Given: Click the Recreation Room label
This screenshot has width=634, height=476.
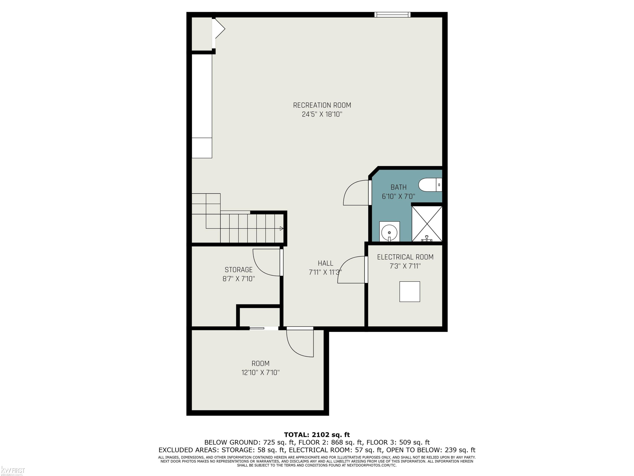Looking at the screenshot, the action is click(x=322, y=105).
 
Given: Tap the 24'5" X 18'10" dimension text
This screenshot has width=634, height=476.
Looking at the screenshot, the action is click(x=322, y=114).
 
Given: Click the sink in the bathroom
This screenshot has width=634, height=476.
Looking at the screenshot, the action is click(x=389, y=231).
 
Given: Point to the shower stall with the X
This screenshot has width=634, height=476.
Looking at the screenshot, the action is click(x=427, y=224).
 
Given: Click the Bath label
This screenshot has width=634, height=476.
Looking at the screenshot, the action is click(x=398, y=187).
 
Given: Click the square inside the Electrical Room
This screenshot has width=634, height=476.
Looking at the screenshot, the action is click(x=410, y=292).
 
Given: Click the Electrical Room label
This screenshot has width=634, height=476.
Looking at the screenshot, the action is click(x=405, y=257).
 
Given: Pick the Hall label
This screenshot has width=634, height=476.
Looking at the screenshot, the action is click(x=325, y=263).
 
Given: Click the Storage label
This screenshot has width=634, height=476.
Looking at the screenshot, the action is click(x=238, y=270).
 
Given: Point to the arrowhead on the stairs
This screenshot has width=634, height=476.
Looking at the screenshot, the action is click(x=281, y=228).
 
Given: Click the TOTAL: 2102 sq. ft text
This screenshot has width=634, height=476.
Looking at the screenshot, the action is click(x=317, y=435).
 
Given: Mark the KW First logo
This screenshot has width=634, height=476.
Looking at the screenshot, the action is click(x=13, y=470).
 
